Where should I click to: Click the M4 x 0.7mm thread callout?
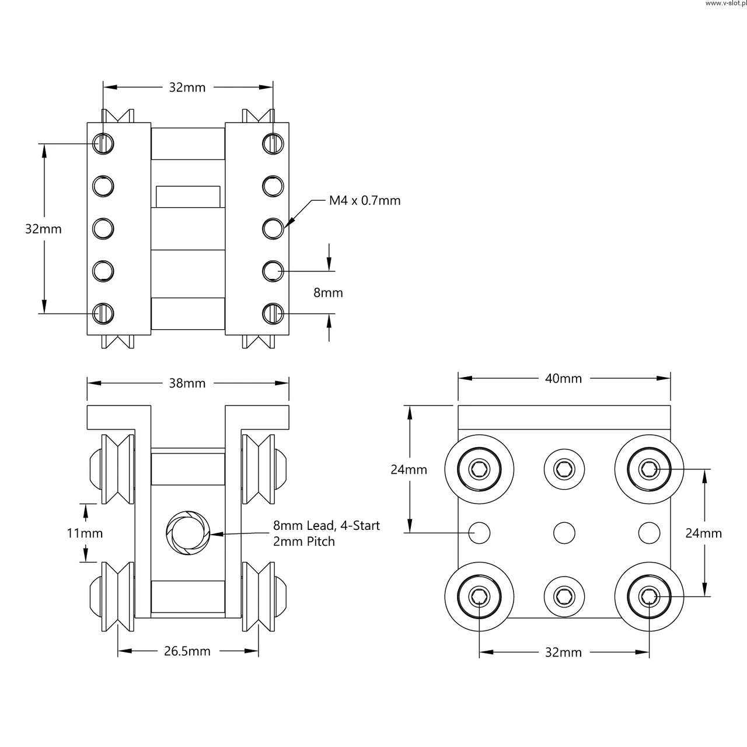point(365,201)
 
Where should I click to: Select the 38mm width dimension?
point(187,383)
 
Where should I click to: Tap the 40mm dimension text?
point(563,379)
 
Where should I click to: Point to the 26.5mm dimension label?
point(187,651)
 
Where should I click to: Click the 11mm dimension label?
point(85,533)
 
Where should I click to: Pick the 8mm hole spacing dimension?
point(328,292)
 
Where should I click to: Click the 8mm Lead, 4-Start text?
point(326,526)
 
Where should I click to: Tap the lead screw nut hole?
point(188,533)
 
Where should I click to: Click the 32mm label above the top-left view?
point(187,88)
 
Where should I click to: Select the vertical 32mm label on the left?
point(43,229)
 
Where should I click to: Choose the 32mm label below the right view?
point(563,652)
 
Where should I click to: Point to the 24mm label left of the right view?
point(409,469)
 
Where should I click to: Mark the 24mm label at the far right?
point(703,533)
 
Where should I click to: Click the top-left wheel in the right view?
point(479,468)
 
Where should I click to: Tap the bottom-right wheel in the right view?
point(649,596)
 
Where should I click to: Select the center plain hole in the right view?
point(564,532)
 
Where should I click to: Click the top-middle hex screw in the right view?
point(564,468)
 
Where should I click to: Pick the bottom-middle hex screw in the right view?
point(564,596)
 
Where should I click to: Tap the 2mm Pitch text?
point(304,542)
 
